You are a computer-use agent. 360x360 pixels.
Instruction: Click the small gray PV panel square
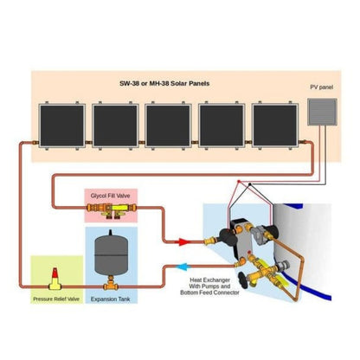(322, 114)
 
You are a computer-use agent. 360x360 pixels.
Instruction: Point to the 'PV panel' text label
(320, 88)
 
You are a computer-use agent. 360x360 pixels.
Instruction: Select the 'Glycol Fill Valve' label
(111, 196)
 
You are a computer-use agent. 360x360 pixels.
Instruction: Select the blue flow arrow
(183, 267)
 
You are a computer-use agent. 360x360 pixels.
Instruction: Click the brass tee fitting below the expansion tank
(111, 284)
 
